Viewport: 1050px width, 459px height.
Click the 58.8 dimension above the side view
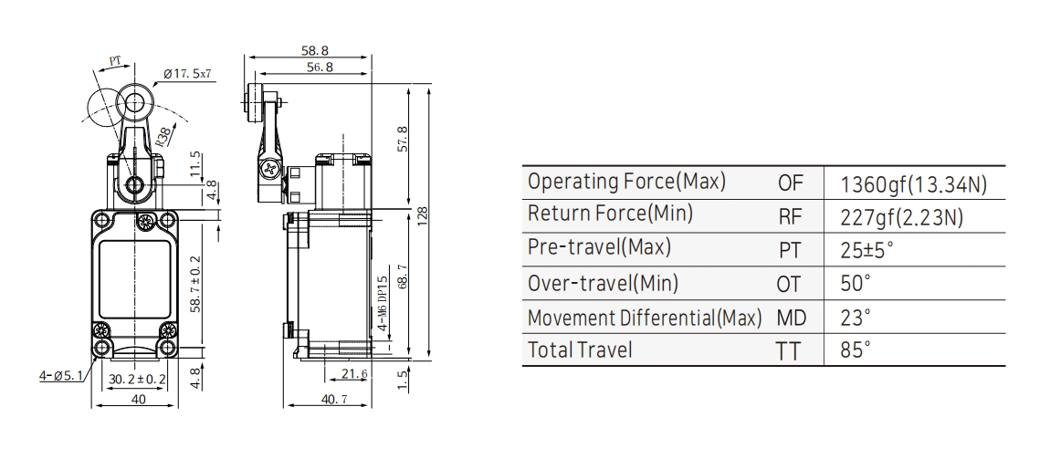tap(315, 51)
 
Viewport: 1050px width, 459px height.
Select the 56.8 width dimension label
tap(320, 67)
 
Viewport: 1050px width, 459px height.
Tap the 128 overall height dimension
tap(422, 216)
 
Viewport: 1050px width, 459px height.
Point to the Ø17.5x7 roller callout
tap(187, 74)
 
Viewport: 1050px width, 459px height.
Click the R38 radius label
tap(163, 137)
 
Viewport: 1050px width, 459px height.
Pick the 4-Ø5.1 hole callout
tap(61, 376)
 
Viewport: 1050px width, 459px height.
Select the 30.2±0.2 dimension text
tap(137, 380)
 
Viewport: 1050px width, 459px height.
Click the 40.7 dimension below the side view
tap(335, 400)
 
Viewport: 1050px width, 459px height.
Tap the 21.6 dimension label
tap(354, 374)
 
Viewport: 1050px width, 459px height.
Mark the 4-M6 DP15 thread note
tap(383, 305)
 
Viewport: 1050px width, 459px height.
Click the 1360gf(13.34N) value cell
tap(913, 184)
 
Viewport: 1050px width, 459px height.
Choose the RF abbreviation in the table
tap(790, 216)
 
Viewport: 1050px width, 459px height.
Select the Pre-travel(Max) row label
tap(599, 247)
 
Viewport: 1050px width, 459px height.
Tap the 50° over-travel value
tap(856, 282)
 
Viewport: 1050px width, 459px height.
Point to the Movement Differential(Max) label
tap(645, 318)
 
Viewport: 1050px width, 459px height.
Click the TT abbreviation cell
tap(788, 349)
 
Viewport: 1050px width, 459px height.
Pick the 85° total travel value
tap(856, 349)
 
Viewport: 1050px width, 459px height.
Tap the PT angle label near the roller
tap(116, 61)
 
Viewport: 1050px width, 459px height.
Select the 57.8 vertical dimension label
tap(403, 139)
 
